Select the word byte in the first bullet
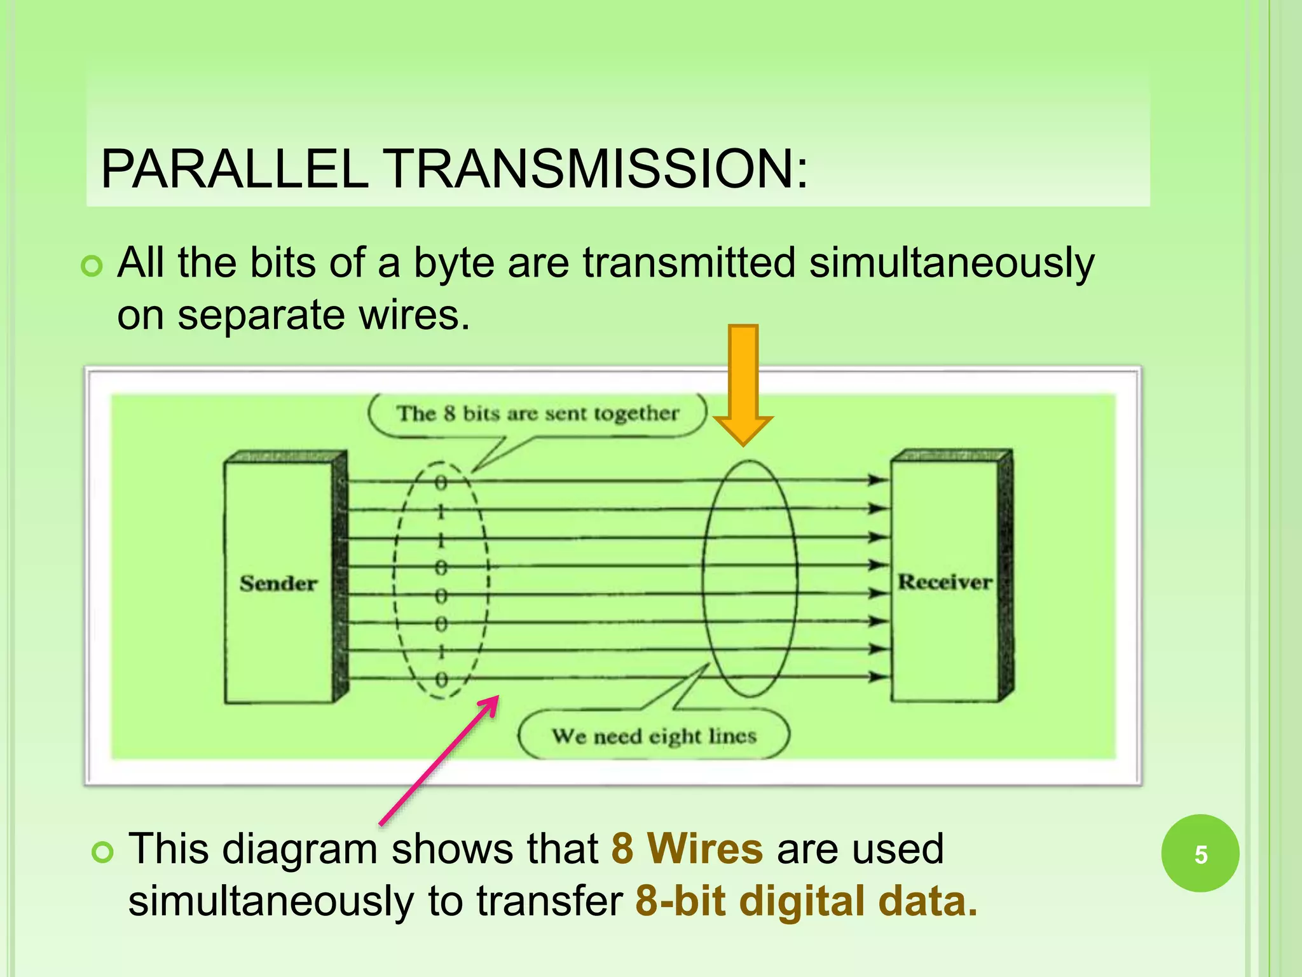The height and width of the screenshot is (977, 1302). [453, 263]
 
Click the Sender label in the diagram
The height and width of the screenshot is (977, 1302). [278, 583]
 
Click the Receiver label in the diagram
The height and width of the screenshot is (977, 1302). [945, 582]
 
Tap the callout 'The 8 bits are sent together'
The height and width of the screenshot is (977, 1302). [537, 414]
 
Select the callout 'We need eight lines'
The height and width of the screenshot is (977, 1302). [654, 737]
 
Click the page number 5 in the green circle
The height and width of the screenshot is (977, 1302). [1200, 854]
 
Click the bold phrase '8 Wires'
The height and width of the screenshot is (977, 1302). [687, 849]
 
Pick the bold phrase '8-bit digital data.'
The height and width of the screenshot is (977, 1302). [806, 901]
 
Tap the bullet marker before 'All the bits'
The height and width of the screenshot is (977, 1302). [92, 266]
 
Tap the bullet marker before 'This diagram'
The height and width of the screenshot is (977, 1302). [102, 852]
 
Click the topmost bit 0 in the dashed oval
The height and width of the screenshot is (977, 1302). [441, 483]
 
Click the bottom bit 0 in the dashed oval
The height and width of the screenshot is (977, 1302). [441, 679]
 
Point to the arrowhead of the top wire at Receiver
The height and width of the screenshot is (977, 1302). [880, 480]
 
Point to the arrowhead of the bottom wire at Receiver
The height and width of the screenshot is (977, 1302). [880, 677]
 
